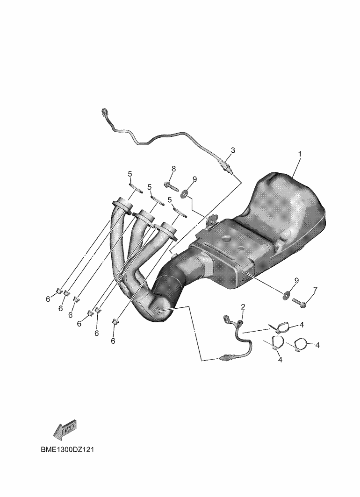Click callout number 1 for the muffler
[299, 154]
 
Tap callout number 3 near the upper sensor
[233, 150]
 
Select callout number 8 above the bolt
[174, 169]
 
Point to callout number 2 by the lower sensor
[243, 306]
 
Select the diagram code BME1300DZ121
[67, 450]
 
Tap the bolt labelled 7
[300, 304]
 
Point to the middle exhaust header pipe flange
[144, 217]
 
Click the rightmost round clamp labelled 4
[301, 343]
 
